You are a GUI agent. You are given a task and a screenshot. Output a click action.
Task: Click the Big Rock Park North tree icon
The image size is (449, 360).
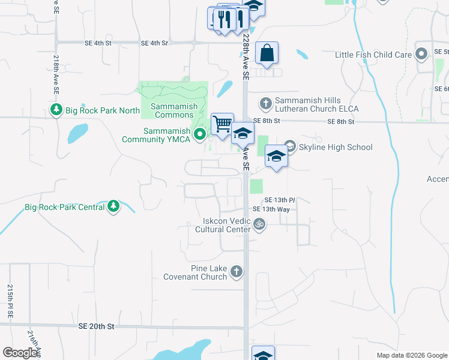(x=56, y=110)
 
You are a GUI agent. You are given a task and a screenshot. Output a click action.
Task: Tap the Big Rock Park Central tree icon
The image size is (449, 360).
(x=113, y=208)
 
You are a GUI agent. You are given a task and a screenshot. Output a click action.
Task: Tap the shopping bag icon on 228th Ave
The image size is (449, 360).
(x=267, y=53)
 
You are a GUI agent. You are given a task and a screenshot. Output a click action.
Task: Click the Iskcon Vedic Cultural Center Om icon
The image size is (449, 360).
(x=259, y=225)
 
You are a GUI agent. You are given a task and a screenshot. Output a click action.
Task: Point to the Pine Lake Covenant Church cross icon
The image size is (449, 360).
(x=237, y=272)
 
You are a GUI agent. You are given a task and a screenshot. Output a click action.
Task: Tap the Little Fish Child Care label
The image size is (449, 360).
(x=373, y=55)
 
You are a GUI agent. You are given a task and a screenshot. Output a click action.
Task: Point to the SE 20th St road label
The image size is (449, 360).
(x=96, y=326)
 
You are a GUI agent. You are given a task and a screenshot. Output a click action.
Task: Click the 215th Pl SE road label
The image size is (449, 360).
(x=10, y=301)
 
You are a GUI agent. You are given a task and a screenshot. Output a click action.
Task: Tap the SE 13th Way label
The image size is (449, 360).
(x=271, y=209)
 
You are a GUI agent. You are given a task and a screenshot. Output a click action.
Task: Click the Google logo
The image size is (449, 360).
(x=20, y=353)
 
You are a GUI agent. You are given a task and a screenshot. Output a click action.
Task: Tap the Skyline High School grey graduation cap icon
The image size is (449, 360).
(x=291, y=146)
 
